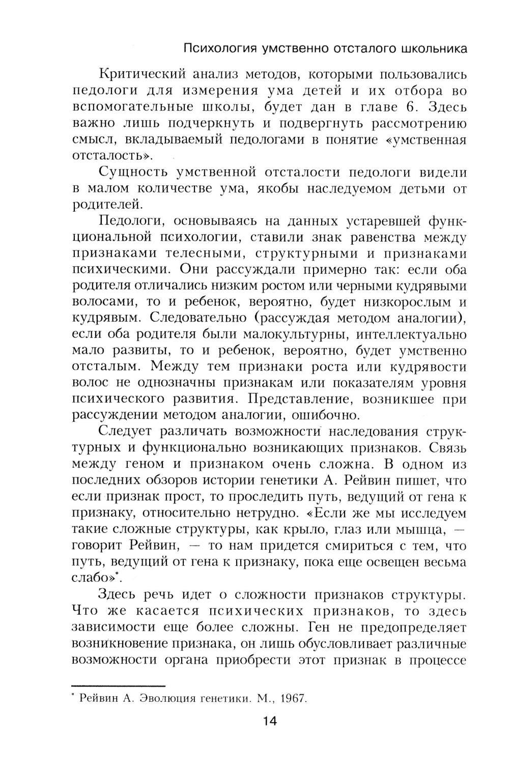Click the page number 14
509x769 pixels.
[x=270, y=722]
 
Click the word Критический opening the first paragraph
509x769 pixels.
[x=140, y=75]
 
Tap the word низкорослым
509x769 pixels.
[x=410, y=302]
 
